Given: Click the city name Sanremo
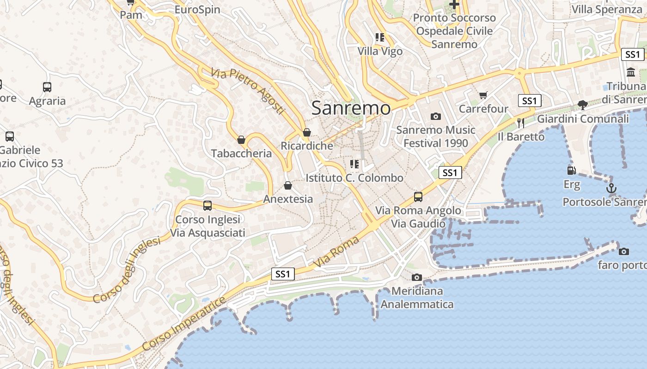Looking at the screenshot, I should pos(351,108).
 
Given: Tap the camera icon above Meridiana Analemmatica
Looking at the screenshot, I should pos(417,277).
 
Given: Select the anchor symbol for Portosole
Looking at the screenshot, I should pos(611,188).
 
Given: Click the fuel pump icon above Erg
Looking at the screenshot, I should pos(572,170).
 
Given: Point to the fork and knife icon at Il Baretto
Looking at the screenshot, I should pos(521,123).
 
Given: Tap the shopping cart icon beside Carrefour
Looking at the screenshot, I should pos(483,95).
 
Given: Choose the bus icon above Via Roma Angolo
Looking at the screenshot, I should pos(418,196).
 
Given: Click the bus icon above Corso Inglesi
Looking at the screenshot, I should pos(208,206).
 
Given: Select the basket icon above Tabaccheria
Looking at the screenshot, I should pos(241,139).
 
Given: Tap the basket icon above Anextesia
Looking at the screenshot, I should pos(288,185).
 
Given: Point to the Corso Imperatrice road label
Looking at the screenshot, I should pos(184,323).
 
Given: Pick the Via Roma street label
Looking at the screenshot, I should pos(336,252).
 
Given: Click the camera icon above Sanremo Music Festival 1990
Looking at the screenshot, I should pos(436,116).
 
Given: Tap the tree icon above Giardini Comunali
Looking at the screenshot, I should pos(583,105).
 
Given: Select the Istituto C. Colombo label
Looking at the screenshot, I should pos(354,178).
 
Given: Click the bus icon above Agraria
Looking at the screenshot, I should pos(47,87).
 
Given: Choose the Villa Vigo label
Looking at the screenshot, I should pos(380,51).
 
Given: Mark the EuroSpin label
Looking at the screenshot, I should pos(197,10).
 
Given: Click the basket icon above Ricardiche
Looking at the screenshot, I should pos(306,133).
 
